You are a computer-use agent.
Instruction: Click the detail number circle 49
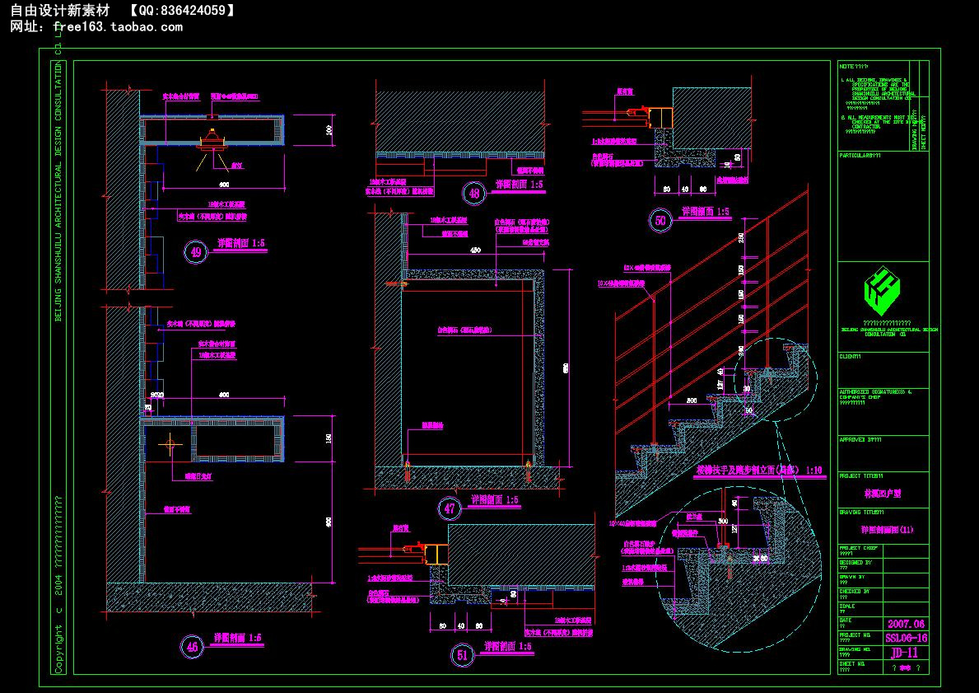tap(195, 251)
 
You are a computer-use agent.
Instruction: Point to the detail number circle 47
tap(450, 508)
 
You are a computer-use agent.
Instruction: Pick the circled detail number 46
tap(193, 647)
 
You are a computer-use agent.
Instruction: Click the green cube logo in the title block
tap(883, 288)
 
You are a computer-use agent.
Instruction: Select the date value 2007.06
tap(906, 623)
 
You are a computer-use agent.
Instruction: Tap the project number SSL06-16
tap(906, 638)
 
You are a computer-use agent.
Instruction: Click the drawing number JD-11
tap(906, 653)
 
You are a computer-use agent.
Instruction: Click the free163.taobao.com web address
tap(118, 26)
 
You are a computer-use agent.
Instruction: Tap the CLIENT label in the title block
tap(850, 357)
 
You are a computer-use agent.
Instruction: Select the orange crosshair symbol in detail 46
tap(171, 445)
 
